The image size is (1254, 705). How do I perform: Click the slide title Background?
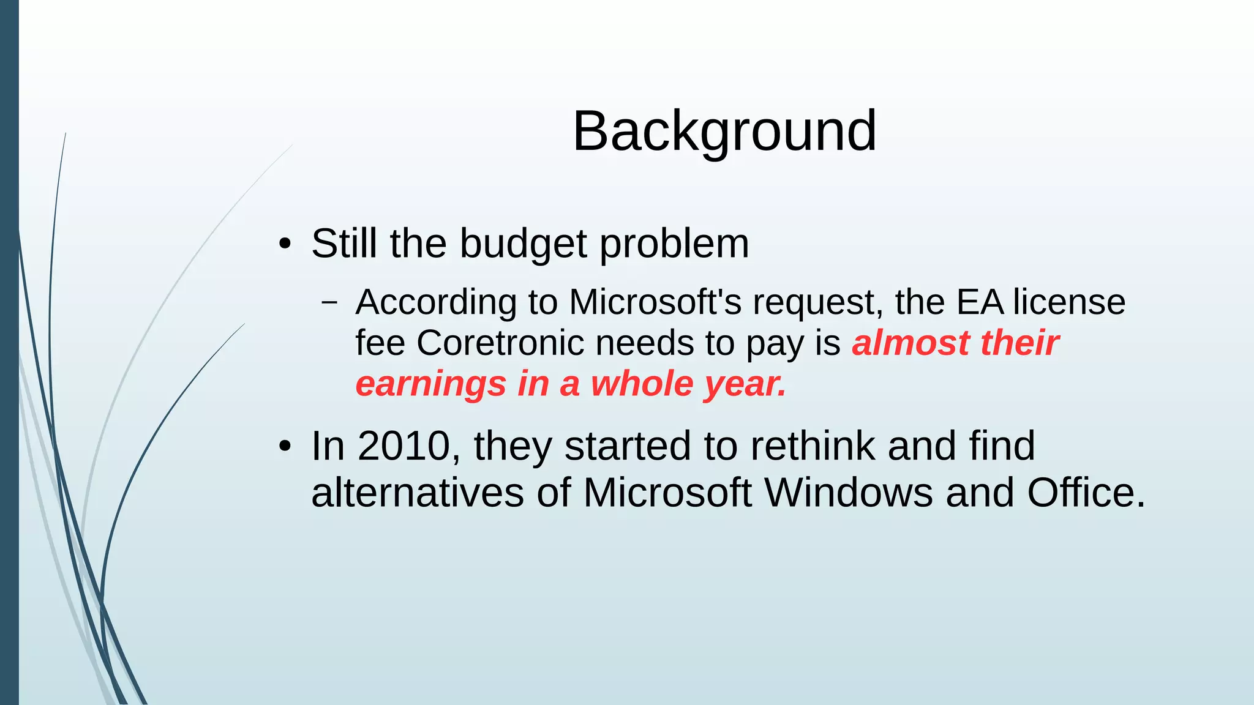tap(724, 131)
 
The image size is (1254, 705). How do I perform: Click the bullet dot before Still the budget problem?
tap(284, 244)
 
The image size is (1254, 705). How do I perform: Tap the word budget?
tap(524, 244)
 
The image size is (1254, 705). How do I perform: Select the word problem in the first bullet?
tap(674, 244)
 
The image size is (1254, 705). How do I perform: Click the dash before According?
tap(329, 302)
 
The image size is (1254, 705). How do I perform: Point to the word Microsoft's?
tap(655, 302)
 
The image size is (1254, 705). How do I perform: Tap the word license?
tap(1069, 302)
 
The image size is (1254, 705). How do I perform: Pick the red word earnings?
tap(431, 384)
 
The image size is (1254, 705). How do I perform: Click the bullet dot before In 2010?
tap(284, 447)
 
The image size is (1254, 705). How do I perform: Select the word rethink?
tap(813, 446)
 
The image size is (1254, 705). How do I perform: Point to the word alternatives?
tap(418, 493)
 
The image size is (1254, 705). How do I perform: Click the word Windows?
tap(849, 493)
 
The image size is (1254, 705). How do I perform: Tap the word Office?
tap(1085, 493)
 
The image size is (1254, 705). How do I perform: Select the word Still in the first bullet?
tap(344, 244)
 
